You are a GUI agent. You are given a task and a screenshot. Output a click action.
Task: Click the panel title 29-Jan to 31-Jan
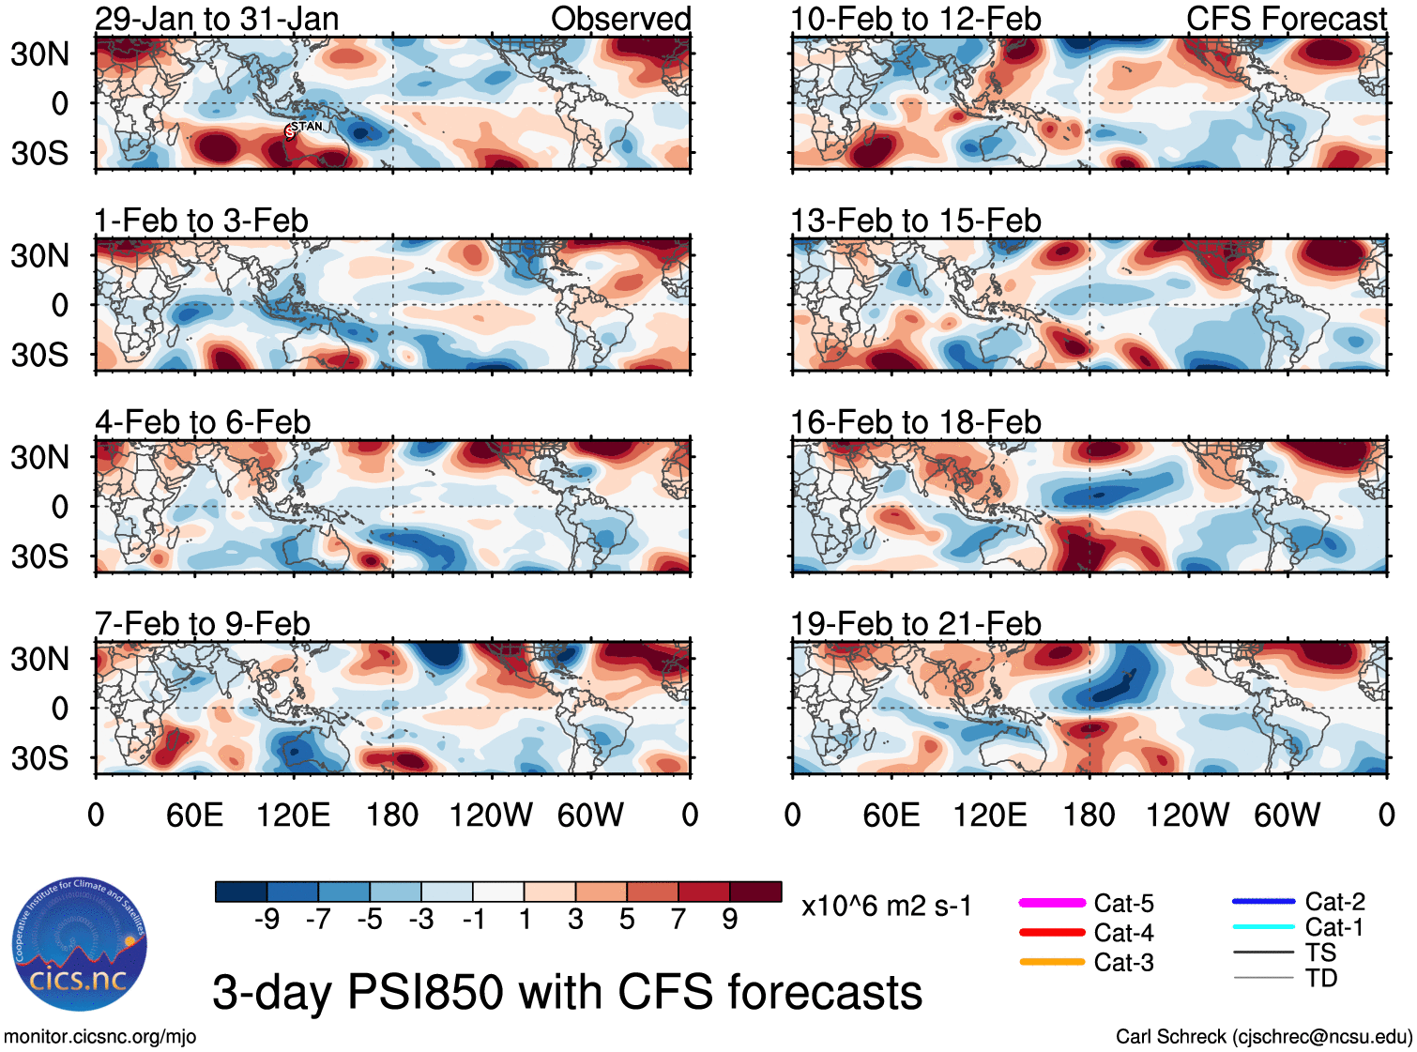pyautogui.click(x=217, y=19)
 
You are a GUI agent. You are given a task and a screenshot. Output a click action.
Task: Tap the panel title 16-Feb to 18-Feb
pyautogui.click(x=915, y=422)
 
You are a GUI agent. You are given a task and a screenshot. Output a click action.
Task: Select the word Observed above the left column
pyautogui.click(x=620, y=19)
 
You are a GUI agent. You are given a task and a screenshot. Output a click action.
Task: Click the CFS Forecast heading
pyautogui.click(x=1286, y=19)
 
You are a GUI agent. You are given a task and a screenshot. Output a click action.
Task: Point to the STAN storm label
pyautogui.click(x=307, y=126)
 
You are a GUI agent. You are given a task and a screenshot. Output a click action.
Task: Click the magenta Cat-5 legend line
pyautogui.click(x=1052, y=903)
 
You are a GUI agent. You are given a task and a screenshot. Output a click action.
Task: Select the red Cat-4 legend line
pyautogui.click(x=1052, y=933)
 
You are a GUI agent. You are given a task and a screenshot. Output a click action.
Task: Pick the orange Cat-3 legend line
pyautogui.click(x=1052, y=962)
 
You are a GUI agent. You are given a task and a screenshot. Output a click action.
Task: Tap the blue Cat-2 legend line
pyautogui.click(x=1263, y=902)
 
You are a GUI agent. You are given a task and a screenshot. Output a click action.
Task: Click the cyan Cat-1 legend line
pyautogui.click(x=1263, y=927)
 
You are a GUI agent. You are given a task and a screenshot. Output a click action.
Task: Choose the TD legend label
pyautogui.click(x=1321, y=978)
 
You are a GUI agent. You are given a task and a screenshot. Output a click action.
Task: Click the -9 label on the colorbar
pyautogui.click(x=267, y=919)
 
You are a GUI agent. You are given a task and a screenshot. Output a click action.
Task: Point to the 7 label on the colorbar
pyautogui.click(x=678, y=919)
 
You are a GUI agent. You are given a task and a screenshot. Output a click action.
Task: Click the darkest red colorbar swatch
pyautogui.click(x=755, y=892)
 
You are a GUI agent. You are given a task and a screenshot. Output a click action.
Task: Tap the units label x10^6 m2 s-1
pyautogui.click(x=886, y=906)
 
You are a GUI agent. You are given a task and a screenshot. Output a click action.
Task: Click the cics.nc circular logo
pyautogui.click(x=80, y=945)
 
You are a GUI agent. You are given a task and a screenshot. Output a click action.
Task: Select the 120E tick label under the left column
pyautogui.click(x=293, y=815)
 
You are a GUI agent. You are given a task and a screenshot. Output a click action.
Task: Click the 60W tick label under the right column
pyautogui.click(x=1287, y=815)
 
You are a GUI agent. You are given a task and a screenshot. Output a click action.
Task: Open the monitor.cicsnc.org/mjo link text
pyautogui.click(x=99, y=1037)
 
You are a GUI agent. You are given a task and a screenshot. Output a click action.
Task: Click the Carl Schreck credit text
pyautogui.click(x=1263, y=1037)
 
